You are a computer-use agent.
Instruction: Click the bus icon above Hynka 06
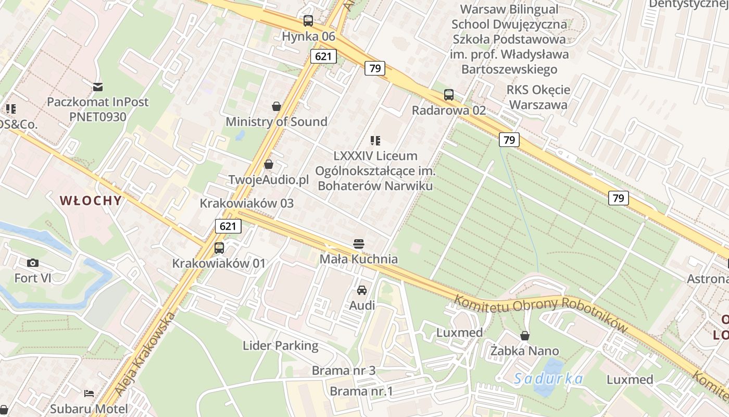[x=308, y=21]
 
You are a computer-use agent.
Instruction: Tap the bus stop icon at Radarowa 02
[x=448, y=95]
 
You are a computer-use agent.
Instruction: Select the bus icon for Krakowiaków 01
[x=219, y=248]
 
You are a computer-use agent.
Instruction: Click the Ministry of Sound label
[x=276, y=122]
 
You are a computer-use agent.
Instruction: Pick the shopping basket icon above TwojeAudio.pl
[x=269, y=164]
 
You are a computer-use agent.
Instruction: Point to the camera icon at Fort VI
[x=33, y=263]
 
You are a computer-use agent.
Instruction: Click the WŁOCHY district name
[x=91, y=201]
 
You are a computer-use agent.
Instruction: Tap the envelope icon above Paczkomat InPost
[x=98, y=87]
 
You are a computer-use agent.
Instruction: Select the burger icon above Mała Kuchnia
[x=358, y=243]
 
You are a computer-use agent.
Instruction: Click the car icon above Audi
[x=362, y=290]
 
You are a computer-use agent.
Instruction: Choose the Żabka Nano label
[x=524, y=351]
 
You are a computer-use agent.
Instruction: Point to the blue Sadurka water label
[x=548, y=378]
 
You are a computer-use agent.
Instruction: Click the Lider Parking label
[x=280, y=346]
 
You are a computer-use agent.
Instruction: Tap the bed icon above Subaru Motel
[x=89, y=393]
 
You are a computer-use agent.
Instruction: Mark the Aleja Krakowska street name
[x=143, y=354]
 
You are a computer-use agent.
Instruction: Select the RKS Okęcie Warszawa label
[x=538, y=97]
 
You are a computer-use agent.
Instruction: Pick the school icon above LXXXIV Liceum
[x=375, y=140]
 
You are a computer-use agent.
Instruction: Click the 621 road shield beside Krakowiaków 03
[x=228, y=226]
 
